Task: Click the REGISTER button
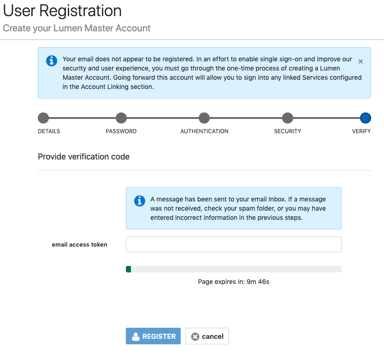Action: tap(153, 336)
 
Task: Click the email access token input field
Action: tap(234, 244)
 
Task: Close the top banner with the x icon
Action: tap(360, 61)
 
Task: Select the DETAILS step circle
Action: tap(43, 118)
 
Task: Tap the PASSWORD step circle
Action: tap(121, 118)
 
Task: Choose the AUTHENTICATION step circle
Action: tap(204, 118)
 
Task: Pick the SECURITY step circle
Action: tap(288, 118)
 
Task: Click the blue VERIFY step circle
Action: tap(366, 118)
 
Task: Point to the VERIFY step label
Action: tap(361, 131)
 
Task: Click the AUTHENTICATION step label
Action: tap(204, 131)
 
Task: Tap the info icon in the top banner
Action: tap(52, 61)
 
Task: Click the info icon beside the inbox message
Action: tap(140, 201)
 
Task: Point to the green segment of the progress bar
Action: tap(128, 269)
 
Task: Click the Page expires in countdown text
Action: tap(234, 282)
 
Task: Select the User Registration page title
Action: tap(62, 11)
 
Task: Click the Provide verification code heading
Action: tap(84, 157)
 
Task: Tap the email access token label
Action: tap(80, 244)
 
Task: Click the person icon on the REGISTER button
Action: tap(136, 336)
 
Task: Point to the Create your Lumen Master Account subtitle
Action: tap(77, 29)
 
